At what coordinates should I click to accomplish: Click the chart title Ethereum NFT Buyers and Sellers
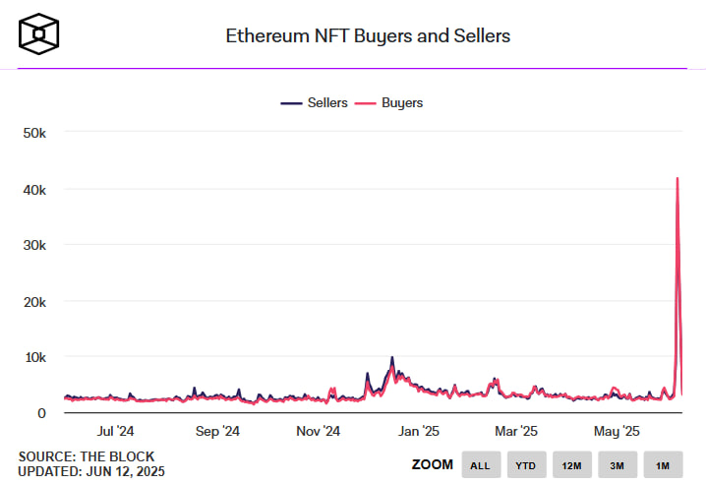tap(369, 36)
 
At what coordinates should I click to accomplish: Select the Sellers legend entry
tap(316, 102)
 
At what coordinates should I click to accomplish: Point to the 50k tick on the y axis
tap(34, 132)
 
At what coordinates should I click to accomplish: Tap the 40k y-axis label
tap(34, 188)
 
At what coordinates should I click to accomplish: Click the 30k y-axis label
tap(34, 244)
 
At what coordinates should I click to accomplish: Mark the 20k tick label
tap(34, 300)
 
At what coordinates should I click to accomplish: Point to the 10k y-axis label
tap(34, 356)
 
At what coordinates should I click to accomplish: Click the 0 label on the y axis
tap(41, 412)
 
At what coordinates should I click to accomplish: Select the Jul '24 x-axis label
tap(117, 431)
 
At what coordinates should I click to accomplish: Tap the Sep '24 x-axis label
tap(217, 431)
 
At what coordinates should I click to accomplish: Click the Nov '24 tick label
tap(318, 431)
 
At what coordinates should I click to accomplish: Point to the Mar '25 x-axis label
tap(515, 431)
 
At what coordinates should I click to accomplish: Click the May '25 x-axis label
tap(618, 431)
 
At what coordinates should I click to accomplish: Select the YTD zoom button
tap(525, 465)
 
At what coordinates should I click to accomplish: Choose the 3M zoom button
tap(617, 465)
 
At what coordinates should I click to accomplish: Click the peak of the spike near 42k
tap(677, 178)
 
